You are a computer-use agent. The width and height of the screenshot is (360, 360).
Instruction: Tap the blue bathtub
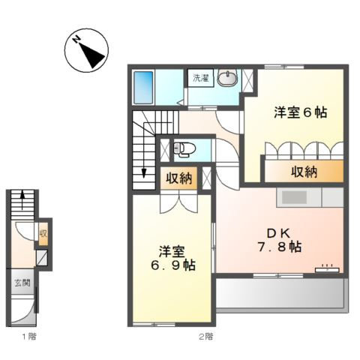[x=143, y=88]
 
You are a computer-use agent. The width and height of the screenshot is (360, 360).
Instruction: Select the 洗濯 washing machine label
[x=200, y=78]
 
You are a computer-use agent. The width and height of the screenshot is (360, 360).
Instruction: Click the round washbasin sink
[x=227, y=79]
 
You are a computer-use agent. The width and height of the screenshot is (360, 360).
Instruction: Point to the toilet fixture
[x=184, y=149]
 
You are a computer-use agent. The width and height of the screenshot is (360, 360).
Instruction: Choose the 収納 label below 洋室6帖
[x=304, y=172]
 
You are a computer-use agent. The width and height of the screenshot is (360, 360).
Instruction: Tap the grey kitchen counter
[x=309, y=199]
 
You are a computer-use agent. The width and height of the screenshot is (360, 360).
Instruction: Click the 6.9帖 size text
[x=172, y=265]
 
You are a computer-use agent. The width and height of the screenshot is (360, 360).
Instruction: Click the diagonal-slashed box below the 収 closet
[x=43, y=259]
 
